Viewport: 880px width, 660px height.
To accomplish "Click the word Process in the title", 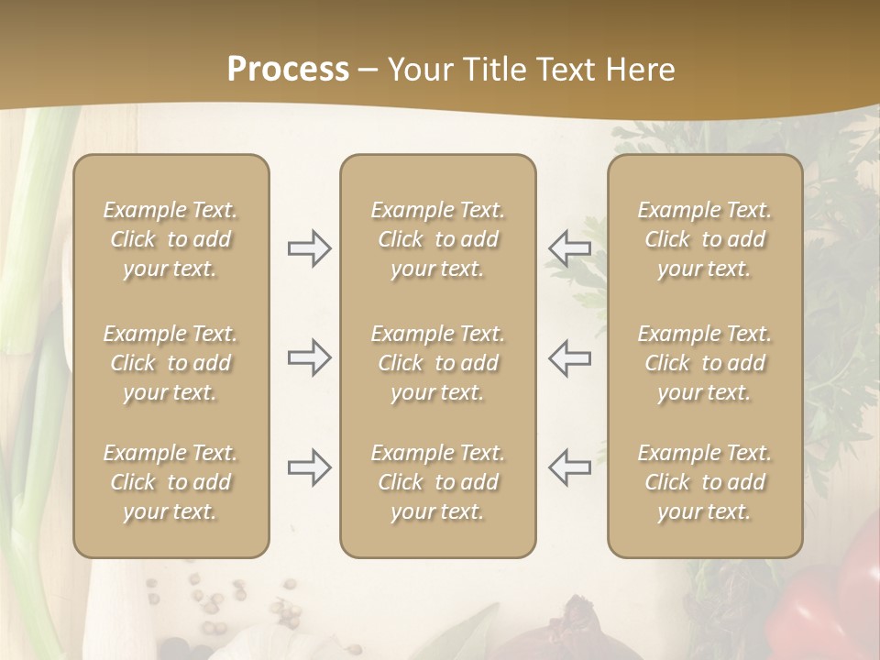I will click(288, 70).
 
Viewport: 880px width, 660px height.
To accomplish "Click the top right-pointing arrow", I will click(309, 248).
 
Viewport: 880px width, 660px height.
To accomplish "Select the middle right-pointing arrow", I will click(309, 357).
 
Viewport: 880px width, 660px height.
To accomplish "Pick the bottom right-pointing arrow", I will click(309, 467).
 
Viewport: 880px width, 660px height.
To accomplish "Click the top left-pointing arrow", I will click(570, 248).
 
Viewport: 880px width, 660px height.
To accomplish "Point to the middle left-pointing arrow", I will click(570, 357).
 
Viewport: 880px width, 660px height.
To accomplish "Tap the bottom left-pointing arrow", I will click(570, 467).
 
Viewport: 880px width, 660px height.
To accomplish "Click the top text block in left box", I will click(170, 239).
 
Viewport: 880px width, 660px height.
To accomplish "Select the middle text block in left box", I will click(170, 363).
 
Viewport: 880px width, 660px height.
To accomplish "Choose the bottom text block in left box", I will click(170, 482).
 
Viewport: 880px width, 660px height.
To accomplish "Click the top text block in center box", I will click(437, 239).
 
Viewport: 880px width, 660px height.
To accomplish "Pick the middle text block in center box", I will click(437, 363).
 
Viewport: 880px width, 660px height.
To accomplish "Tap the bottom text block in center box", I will click(437, 482).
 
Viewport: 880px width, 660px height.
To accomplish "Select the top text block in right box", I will click(704, 239).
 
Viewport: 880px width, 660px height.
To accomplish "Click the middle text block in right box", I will click(704, 363).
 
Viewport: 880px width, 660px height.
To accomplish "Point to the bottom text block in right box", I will click(704, 482).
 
